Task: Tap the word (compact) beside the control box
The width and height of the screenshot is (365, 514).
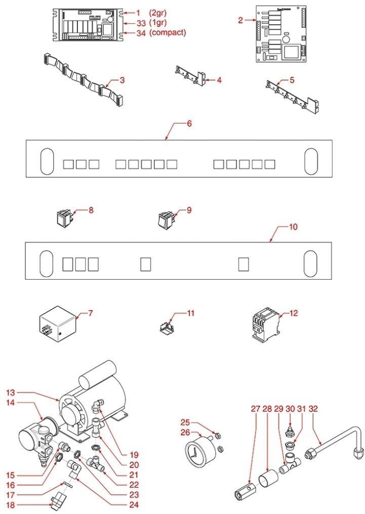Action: point(168,33)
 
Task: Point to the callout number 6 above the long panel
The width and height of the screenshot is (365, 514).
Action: point(189,124)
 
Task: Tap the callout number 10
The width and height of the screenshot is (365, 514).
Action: point(293,227)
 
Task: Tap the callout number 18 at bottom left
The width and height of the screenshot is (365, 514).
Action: point(11,504)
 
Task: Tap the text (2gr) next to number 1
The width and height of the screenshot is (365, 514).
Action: point(158,13)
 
